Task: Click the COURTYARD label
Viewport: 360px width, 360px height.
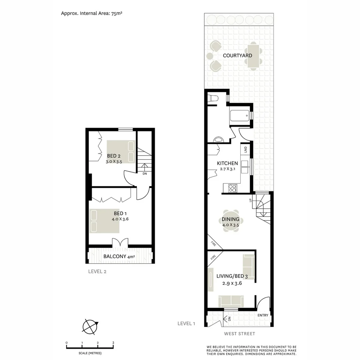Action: pyautogui.click(x=237, y=56)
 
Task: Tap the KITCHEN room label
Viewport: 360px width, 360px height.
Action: pyautogui.click(x=227, y=163)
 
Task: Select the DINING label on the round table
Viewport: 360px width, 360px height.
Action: pyautogui.click(x=230, y=219)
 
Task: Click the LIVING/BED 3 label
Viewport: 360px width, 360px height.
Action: pyautogui.click(x=232, y=276)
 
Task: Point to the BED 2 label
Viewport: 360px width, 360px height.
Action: pyautogui.click(x=114, y=156)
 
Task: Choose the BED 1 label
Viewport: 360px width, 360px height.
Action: pyautogui.click(x=120, y=214)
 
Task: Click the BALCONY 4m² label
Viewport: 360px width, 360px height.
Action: pyautogui.click(x=119, y=256)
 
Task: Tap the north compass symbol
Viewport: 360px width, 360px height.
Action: pyautogui.click(x=90, y=326)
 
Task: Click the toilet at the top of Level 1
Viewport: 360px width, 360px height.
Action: pyautogui.click(x=213, y=98)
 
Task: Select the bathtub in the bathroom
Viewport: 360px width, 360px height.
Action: pyautogui.click(x=239, y=115)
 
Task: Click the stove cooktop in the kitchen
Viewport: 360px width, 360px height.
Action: pyautogui.click(x=232, y=188)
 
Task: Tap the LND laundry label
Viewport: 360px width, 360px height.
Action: pyautogui.click(x=246, y=149)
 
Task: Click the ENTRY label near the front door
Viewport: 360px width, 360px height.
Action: pyautogui.click(x=263, y=315)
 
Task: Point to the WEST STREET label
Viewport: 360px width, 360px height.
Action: pyautogui.click(x=239, y=334)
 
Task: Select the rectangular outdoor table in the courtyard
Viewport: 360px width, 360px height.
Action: pyautogui.click(x=253, y=55)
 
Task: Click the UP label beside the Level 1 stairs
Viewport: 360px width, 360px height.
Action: pyautogui.click(x=250, y=200)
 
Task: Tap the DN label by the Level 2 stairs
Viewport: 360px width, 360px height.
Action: pyautogui.click(x=145, y=174)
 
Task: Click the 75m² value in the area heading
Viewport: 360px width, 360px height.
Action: pyautogui.click(x=117, y=13)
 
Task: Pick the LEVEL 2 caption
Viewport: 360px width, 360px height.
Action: pyautogui.click(x=97, y=272)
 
